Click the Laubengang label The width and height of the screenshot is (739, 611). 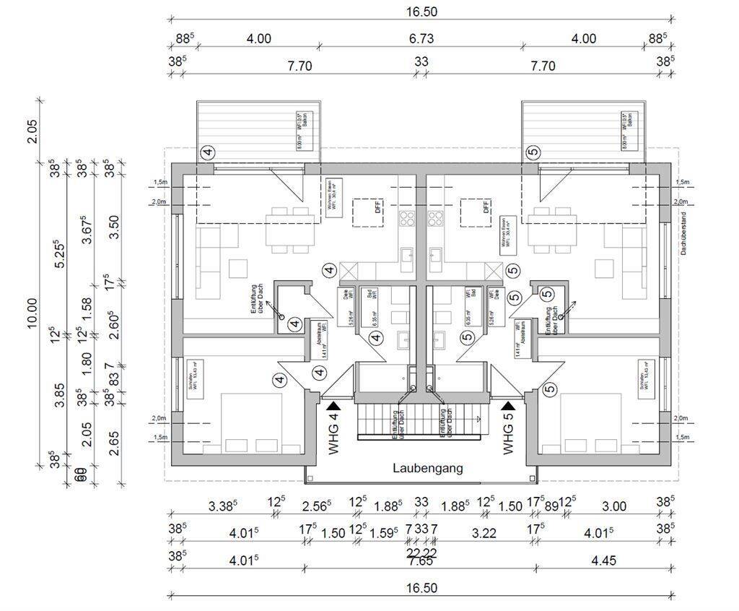(427, 468)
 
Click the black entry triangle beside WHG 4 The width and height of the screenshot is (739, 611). (333, 407)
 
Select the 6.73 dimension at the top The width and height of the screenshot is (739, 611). (421, 39)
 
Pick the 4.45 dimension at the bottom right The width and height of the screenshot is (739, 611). (605, 561)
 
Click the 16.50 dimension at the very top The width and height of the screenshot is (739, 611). (421, 11)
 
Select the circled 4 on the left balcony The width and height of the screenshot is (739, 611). (208, 152)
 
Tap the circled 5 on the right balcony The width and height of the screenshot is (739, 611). (533, 152)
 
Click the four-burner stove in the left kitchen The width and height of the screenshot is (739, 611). (408, 217)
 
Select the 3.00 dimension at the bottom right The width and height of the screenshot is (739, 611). (614, 506)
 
